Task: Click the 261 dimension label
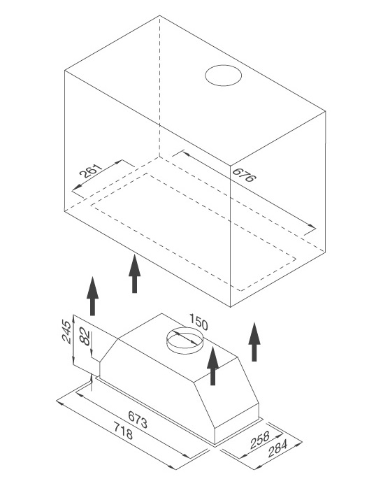91,171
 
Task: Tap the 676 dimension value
244,175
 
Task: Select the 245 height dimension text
67,331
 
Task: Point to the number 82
85,336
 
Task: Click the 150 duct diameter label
198,323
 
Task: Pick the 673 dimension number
138,420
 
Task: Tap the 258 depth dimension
260,440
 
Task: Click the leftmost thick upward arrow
92,296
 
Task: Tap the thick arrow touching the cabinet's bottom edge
134,274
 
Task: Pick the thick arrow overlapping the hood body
212,366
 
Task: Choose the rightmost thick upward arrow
254,342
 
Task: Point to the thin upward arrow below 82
92,382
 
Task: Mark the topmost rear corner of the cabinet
159,15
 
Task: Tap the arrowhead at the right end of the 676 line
312,226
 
